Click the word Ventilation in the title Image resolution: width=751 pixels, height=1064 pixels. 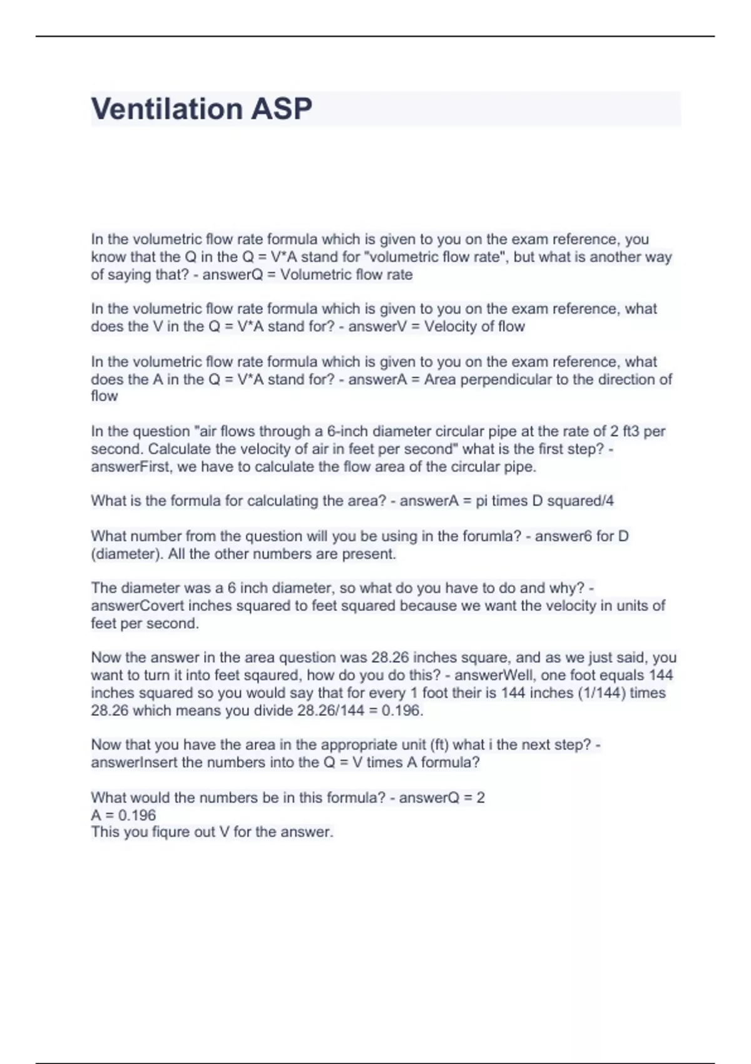166,109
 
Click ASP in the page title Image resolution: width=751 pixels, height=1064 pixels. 281,109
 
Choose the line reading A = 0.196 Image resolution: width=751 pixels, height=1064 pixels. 123,815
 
